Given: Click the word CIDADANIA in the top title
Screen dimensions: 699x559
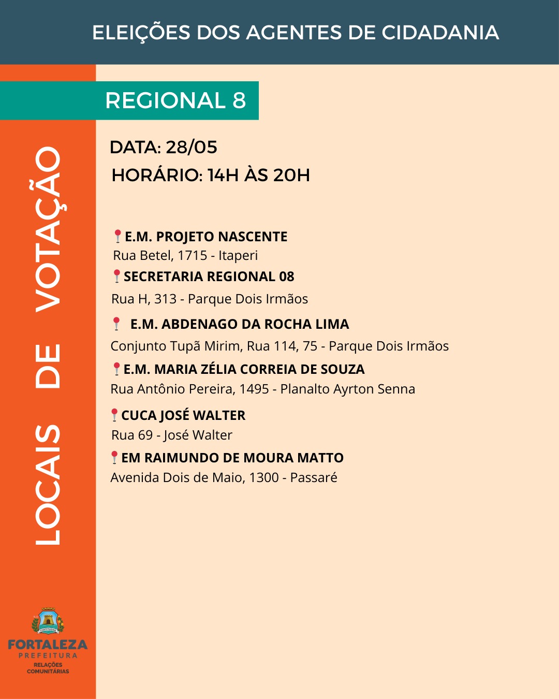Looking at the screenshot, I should point(440,33).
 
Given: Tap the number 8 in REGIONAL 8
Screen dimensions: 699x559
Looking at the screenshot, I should point(239,100).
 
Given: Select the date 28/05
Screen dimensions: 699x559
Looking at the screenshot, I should point(192,148).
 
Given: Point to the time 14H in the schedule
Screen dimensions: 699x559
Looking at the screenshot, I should point(223,176).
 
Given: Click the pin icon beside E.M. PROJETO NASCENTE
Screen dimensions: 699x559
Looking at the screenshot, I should point(118,236).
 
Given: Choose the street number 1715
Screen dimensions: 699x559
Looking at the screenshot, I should point(193,256).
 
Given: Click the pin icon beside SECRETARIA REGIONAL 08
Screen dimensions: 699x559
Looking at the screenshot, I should point(117,276).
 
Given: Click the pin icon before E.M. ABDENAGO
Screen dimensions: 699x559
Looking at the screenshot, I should point(116,324).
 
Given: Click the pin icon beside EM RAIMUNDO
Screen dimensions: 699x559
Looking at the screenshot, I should point(114,457).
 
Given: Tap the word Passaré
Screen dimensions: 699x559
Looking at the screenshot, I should point(314,478).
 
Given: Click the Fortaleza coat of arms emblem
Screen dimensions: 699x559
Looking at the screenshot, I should point(48,621).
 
